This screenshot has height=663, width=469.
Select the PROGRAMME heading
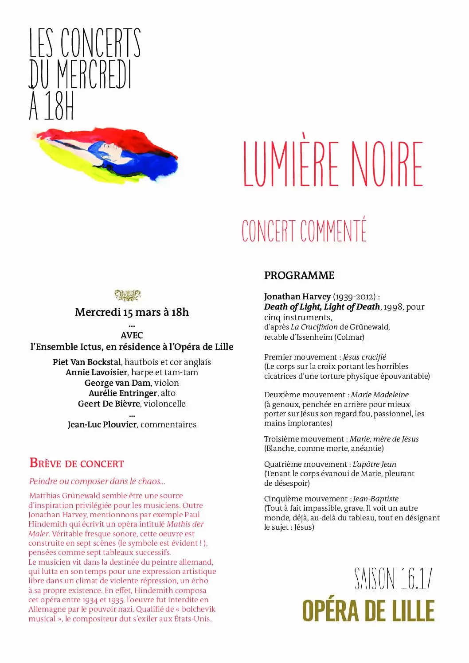(x=299, y=275)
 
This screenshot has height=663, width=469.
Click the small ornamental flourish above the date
(x=128, y=295)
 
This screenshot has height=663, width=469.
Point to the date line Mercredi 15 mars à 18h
(x=132, y=312)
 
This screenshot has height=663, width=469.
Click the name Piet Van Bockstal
(x=86, y=362)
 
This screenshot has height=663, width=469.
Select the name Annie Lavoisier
(x=97, y=372)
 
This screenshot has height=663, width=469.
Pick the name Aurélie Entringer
(x=123, y=393)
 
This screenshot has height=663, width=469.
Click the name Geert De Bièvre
(x=109, y=404)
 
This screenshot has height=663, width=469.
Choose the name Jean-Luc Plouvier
(x=102, y=425)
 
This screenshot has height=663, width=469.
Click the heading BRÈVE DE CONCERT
(x=77, y=463)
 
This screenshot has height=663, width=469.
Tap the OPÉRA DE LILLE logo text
(x=368, y=611)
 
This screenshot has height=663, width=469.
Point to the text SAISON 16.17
(x=393, y=578)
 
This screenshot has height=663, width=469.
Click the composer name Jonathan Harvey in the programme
(x=297, y=297)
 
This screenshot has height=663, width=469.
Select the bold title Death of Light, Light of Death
(x=322, y=307)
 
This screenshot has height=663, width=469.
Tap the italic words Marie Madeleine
(x=380, y=395)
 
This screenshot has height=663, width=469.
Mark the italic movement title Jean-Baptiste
(x=376, y=499)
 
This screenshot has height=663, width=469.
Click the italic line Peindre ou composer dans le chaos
(x=97, y=481)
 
